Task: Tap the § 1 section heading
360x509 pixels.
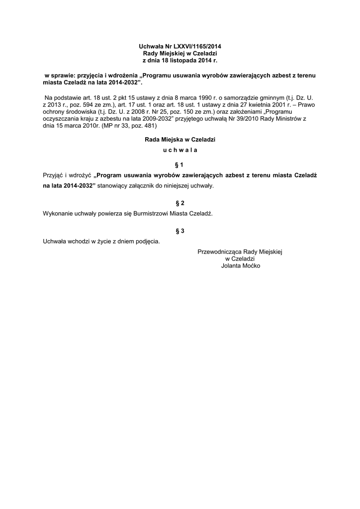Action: [x=180, y=165]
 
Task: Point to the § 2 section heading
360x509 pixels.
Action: [x=180, y=203]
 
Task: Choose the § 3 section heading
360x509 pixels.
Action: [x=180, y=231]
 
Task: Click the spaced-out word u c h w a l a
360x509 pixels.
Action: [x=180, y=150]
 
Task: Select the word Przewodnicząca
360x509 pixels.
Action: [x=219, y=252]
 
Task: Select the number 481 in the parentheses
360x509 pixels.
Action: [x=148, y=126]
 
